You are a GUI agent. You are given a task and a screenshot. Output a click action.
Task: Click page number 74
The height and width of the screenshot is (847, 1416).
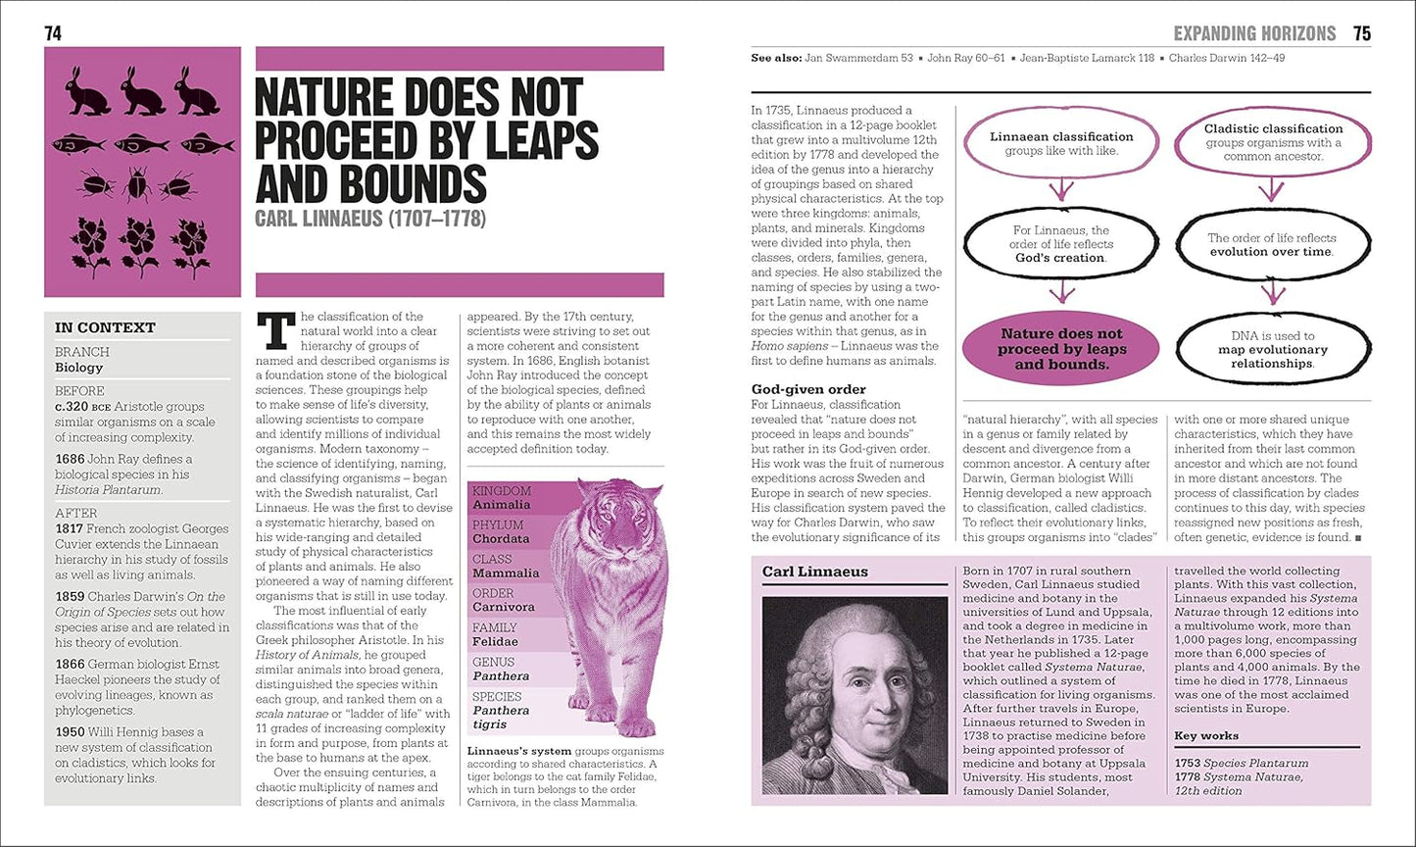pyautogui.click(x=53, y=33)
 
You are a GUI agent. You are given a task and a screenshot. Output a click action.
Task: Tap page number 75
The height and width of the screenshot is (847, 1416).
pyautogui.click(x=1361, y=33)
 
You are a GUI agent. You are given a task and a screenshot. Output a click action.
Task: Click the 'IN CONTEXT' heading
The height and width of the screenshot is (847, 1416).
pyautogui.click(x=105, y=327)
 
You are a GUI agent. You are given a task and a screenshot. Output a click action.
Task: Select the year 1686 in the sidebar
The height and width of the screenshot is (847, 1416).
pyautogui.click(x=71, y=459)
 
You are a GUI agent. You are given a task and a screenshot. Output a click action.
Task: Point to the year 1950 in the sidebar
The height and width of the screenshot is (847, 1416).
pyautogui.click(x=71, y=731)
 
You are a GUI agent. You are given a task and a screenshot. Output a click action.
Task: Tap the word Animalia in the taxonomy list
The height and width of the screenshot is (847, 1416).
pyautogui.click(x=501, y=505)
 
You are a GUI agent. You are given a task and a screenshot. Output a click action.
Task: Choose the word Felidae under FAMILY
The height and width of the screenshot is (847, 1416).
pyautogui.click(x=495, y=642)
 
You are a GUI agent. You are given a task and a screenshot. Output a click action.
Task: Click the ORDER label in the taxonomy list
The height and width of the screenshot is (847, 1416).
pyautogui.click(x=493, y=593)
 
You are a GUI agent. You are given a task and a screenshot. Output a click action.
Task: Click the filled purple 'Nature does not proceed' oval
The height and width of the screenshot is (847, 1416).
pyautogui.click(x=1061, y=349)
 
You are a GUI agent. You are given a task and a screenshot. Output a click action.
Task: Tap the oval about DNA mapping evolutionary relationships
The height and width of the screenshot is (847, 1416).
pyautogui.click(x=1273, y=349)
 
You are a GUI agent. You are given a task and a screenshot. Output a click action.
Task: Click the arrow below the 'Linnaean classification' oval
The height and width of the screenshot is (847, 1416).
pyautogui.click(x=1061, y=189)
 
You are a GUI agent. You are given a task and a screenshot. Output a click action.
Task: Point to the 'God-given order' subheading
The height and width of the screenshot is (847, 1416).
pyautogui.click(x=808, y=389)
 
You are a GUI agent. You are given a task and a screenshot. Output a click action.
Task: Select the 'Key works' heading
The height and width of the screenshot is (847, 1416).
pyautogui.click(x=1206, y=735)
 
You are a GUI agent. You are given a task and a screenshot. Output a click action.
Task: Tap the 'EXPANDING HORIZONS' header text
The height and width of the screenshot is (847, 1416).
pyautogui.click(x=1254, y=33)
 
